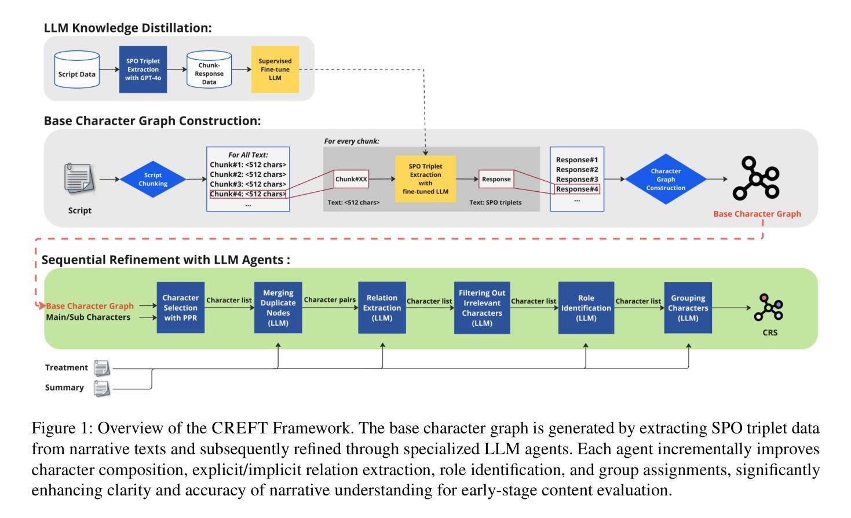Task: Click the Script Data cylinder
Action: [76, 70]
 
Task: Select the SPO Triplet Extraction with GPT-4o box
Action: [143, 69]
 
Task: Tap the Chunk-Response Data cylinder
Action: [209, 70]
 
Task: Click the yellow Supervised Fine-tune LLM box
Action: [275, 69]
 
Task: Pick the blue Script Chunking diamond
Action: [153, 180]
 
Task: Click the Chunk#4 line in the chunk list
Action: [248, 194]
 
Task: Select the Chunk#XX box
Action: [351, 179]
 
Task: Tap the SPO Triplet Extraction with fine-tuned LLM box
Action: [425, 178]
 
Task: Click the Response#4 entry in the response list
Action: [577, 189]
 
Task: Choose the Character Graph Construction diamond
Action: [666, 179]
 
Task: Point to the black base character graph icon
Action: [756, 178]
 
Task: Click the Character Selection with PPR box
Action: [181, 308]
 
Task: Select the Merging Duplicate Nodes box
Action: [278, 308]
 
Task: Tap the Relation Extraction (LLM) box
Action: [382, 308]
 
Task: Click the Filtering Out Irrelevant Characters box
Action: [482, 308]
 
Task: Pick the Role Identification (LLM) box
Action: [586, 308]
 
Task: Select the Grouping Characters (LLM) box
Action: [688, 308]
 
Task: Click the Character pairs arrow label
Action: [330, 300]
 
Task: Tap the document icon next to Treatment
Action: [101, 368]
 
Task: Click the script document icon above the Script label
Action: [79, 178]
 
